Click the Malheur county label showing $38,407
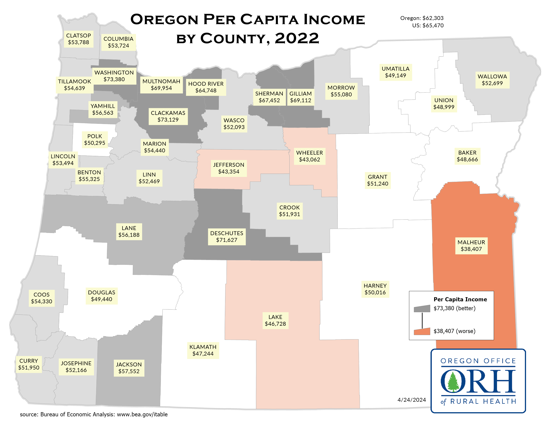tap(471, 246)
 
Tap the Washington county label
tap(114, 76)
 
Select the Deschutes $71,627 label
tap(227, 237)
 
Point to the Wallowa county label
tap(492, 80)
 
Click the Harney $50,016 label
tap(375, 289)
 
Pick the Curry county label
tap(29, 364)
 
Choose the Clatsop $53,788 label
tap(78, 39)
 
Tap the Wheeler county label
tap(309, 156)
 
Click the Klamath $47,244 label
tap(203, 350)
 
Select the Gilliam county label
tap(300, 97)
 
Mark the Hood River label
tap(206, 87)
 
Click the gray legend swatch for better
tap(422, 309)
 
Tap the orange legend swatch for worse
tap(422, 331)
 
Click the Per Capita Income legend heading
tap(460, 299)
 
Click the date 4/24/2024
tap(412, 400)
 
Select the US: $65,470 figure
tap(428, 26)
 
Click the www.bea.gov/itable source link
tap(142, 414)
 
